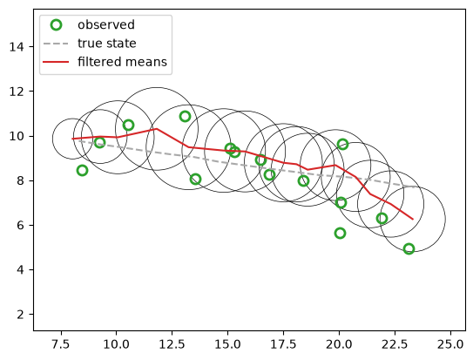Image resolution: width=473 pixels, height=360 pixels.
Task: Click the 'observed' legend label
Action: click(106, 24)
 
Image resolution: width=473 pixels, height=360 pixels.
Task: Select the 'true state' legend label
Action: click(107, 44)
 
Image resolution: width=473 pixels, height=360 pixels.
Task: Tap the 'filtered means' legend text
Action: click(122, 62)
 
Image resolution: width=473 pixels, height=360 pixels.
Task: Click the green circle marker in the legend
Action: click(56, 25)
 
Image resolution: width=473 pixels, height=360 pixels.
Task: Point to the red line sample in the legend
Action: click(56, 62)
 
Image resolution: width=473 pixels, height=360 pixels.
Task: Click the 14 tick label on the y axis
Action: click(17, 47)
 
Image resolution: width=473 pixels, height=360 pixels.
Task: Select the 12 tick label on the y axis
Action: click(17, 92)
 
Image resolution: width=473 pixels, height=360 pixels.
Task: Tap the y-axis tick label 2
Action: click(20, 315)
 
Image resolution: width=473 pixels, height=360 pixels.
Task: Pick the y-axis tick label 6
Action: click(20, 226)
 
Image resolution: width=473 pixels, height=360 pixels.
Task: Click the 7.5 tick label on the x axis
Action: click(61, 344)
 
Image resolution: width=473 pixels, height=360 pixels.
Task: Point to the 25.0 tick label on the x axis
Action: click(450, 344)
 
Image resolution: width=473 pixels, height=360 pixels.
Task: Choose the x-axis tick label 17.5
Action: click(284, 344)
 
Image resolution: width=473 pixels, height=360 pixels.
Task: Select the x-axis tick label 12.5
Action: click(172, 344)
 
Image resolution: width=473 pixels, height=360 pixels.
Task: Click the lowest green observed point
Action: click(409, 248)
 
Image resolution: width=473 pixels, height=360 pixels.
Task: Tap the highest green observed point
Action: click(185, 116)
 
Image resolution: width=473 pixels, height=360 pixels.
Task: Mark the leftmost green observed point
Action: click(82, 171)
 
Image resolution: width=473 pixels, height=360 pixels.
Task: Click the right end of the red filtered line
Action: click(413, 219)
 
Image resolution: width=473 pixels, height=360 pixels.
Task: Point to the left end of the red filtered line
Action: click(72, 139)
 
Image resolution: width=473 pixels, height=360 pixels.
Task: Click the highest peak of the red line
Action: click(156, 129)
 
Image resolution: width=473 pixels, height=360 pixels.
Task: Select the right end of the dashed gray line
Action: click(415, 187)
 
